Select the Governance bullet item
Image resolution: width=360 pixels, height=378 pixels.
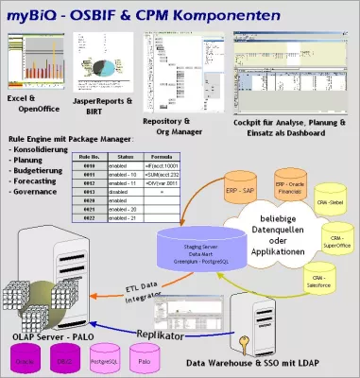pos(34,190)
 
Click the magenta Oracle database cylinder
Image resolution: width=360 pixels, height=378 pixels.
pos(30,360)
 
